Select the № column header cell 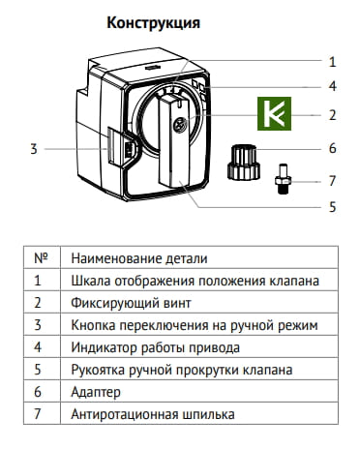pos(41,258)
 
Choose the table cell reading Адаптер pos(97,392)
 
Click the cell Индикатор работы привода pos(155,347)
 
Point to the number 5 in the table pos(40,370)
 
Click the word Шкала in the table pos(90,281)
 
